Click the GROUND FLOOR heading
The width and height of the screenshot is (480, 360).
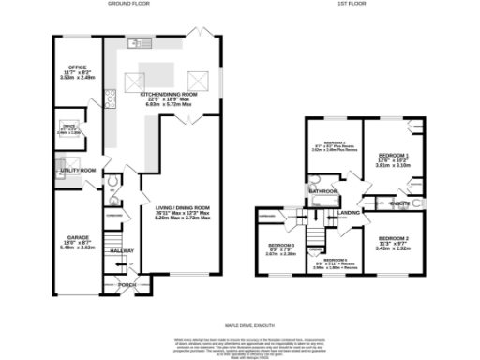click(x=129, y=5)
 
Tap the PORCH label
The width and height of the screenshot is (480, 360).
click(x=127, y=283)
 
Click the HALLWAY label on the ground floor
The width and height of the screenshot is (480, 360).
click(x=124, y=250)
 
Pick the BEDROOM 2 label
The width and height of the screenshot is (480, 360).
click(x=394, y=239)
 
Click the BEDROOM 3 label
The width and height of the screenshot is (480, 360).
click(x=281, y=245)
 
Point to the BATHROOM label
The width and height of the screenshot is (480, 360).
click(x=325, y=190)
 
